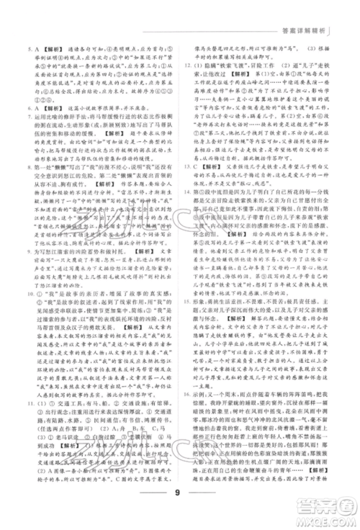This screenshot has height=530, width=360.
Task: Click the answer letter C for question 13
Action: click(x=205, y=183)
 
